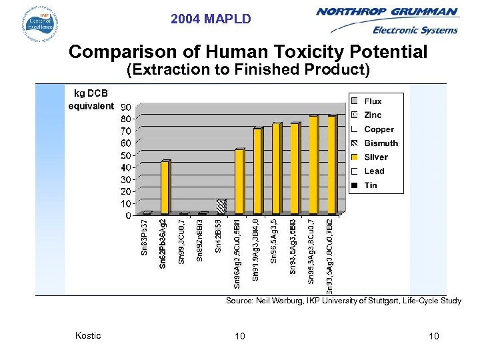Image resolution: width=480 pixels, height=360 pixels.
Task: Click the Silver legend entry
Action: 375,157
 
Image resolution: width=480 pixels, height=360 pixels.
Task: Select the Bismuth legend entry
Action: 380,143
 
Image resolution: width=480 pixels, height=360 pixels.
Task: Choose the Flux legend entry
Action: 373,101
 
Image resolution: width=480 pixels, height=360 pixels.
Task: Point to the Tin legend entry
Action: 370,185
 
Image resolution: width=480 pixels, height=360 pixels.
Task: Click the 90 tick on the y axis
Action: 125,108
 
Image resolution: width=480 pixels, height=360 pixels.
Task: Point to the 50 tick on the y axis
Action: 125,156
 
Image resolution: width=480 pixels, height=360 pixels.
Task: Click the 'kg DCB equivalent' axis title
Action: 91,100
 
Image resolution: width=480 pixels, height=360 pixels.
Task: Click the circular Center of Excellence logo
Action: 39,24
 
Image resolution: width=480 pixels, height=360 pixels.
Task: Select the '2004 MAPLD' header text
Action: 211,19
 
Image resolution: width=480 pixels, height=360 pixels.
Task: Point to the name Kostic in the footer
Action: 88,335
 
